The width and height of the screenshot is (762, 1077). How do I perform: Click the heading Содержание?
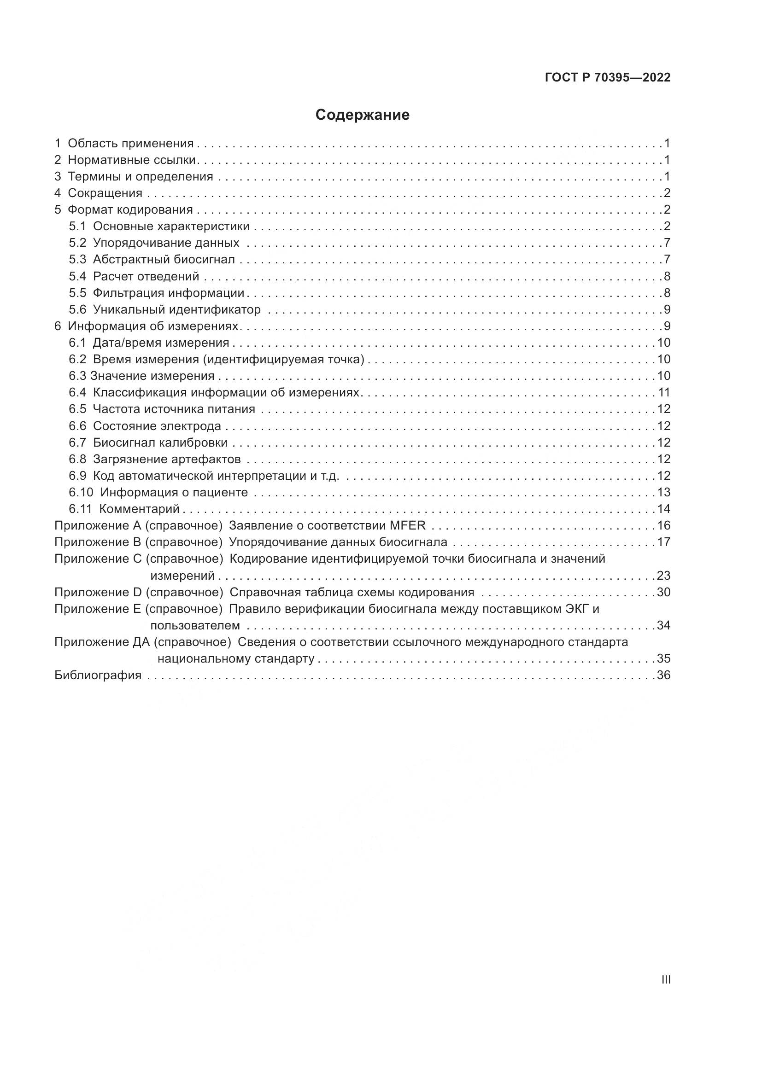point(362,115)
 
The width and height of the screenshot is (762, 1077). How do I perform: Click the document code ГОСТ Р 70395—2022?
point(608,78)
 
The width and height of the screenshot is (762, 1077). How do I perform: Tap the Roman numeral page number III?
point(665,979)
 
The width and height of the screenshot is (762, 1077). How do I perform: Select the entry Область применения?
point(130,144)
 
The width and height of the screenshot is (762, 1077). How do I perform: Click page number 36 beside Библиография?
point(663,675)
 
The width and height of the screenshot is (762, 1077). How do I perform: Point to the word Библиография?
point(98,675)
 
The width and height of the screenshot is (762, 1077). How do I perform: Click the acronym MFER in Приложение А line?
point(407,525)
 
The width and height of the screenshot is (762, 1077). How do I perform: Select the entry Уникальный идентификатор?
point(176,309)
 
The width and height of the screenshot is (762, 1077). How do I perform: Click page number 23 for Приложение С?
point(663,576)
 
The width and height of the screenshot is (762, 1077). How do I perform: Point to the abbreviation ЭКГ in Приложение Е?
point(580,609)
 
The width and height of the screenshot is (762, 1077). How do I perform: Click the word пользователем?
point(195,625)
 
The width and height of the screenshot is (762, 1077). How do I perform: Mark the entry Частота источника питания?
point(174,409)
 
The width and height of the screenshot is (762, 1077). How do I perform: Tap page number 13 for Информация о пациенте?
point(663,493)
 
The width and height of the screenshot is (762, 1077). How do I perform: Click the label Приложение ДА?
point(101,642)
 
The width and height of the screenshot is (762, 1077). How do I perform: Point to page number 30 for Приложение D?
point(663,592)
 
